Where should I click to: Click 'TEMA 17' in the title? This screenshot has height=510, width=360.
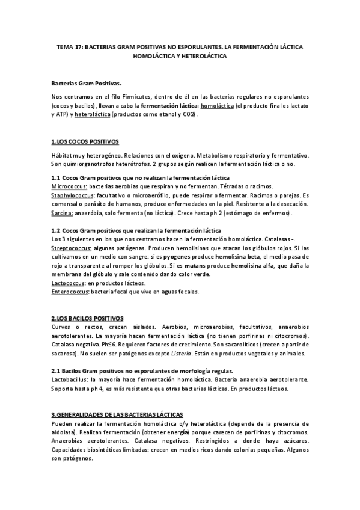68,46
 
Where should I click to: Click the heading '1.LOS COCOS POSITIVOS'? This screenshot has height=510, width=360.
85,143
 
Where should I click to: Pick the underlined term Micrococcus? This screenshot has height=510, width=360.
69,187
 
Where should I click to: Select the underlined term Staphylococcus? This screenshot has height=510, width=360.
72,196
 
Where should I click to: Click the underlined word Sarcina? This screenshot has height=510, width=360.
63,214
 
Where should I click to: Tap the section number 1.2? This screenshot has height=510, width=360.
56,231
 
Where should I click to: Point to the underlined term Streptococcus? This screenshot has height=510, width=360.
71,248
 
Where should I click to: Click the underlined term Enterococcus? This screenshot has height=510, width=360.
70,292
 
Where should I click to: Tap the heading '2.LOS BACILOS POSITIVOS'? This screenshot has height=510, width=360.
88,318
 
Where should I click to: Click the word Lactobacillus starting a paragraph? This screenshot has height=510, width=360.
71,379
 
